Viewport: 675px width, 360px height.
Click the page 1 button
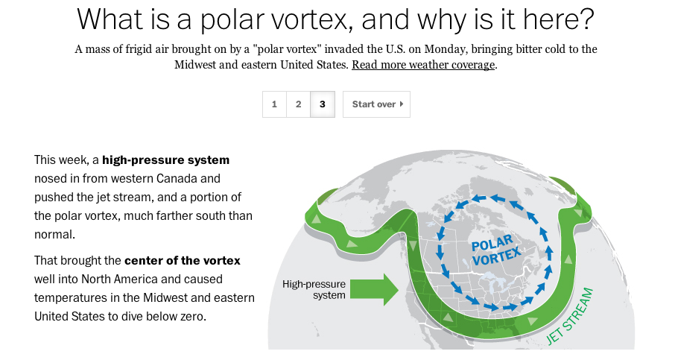pyautogui.click(x=274, y=104)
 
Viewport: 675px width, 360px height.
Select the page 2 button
pyautogui.click(x=298, y=104)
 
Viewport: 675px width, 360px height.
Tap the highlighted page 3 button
pyautogui.click(x=323, y=104)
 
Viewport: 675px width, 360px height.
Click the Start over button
pyautogui.click(x=377, y=104)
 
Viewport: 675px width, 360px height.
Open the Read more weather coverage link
pyautogui.click(x=423, y=65)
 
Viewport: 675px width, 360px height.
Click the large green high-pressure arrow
pyautogui.click(x=374, y=289)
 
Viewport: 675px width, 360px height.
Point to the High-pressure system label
pyautogui.click(x=314, y=289)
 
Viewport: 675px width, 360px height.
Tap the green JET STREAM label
pyautogui.click(x=569, y=316)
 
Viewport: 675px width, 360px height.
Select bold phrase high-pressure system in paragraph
pyautogui.click(x=165, y=160)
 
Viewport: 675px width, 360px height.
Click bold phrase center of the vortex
pyautogui.click(x=183, y=261)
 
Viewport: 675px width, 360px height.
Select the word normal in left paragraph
pyautogui.click(x=54, y=234)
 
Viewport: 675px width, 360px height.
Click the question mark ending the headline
pyautogui.click(x=588, y=19)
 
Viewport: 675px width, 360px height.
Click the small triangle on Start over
pyautogui.click(x=402, y=104)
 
